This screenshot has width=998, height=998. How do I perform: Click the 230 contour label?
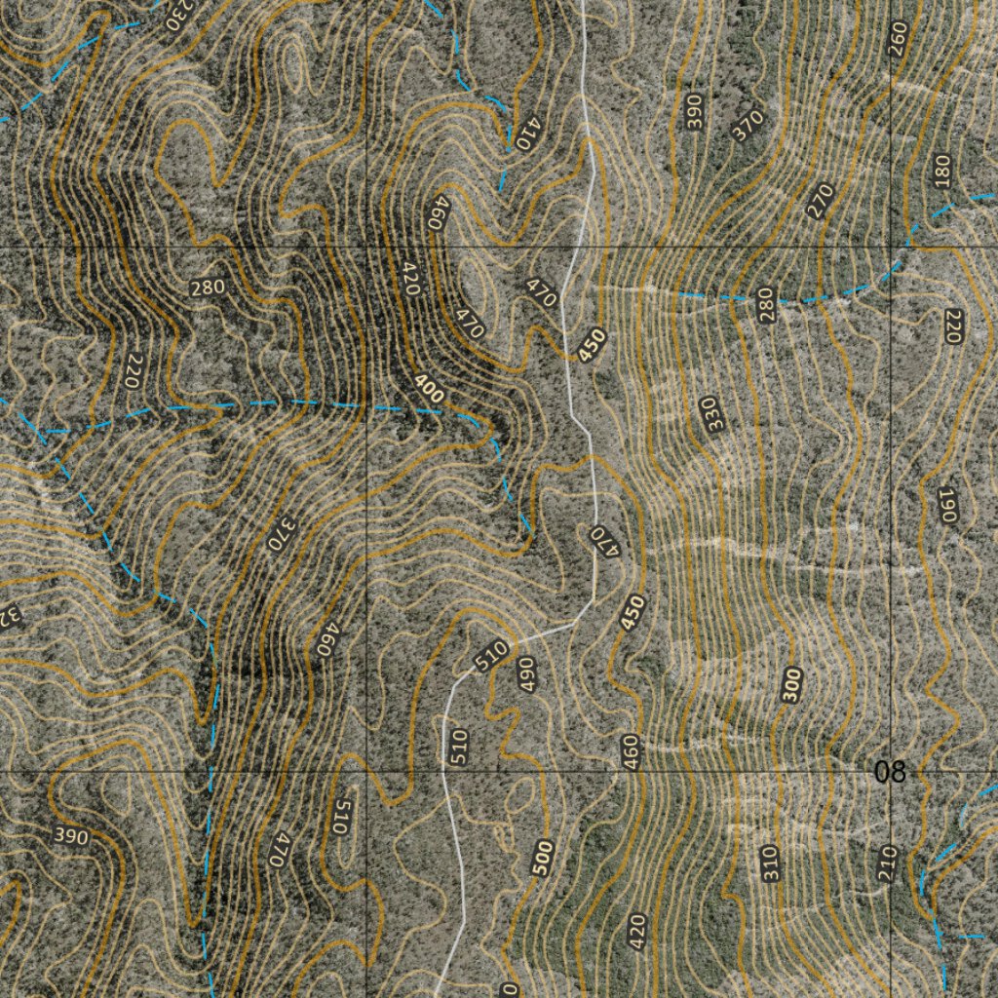tap(178, 13)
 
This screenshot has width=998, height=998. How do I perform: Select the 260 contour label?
tap(898, 38)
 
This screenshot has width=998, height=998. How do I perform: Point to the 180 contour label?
tap(941, 171)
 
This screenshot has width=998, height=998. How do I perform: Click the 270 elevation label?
tap(821, 201)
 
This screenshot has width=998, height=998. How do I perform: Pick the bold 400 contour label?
tap(428, 389)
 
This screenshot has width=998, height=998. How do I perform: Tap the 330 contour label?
tap(714, 414)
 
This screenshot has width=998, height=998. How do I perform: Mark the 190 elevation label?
tap(947, 504)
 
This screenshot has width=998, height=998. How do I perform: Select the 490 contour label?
tap(527, 674)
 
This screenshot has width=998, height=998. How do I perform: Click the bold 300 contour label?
tap(791, 685)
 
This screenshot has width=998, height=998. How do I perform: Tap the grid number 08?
tap(889, 773)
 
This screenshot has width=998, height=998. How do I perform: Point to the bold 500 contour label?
tap(543, 859)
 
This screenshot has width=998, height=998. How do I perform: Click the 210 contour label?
tap(887, 863)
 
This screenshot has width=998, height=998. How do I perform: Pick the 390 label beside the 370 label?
tap(694, 113)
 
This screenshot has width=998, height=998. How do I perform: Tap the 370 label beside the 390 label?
tap(748, 125)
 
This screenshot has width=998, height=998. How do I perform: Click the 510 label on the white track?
tap(492, 656)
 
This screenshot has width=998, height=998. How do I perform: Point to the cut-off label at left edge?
tap(8, 616)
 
